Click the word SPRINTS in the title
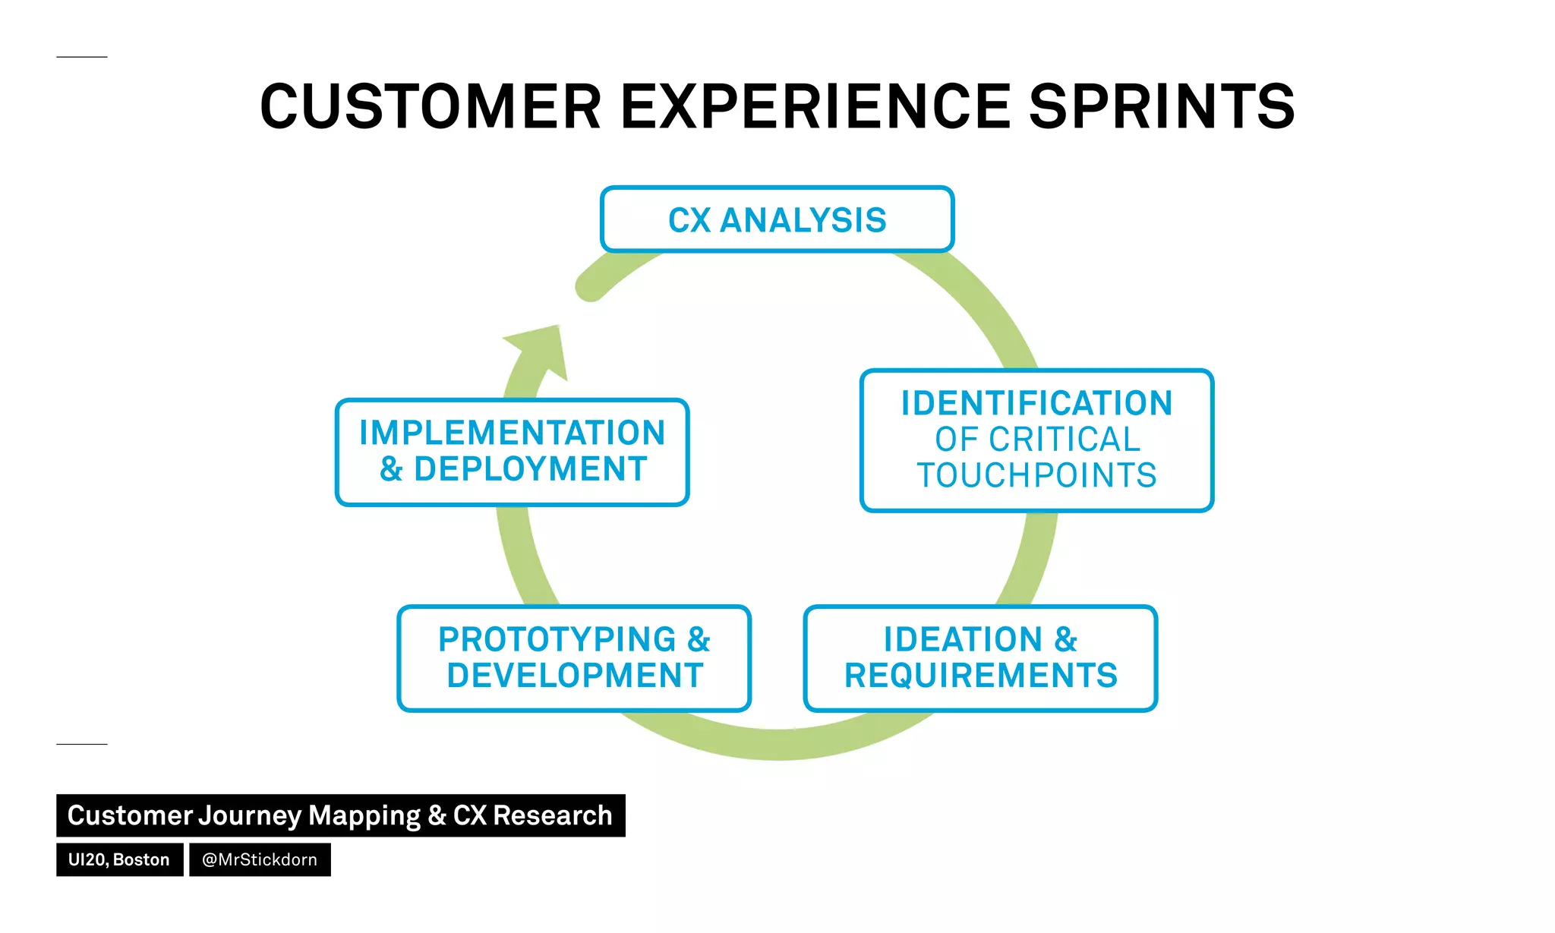(1161, 107)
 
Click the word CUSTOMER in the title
(431, 107)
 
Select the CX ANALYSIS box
(777, 219)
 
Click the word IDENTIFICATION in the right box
(1036, 403)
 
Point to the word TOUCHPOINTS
(1036, 476)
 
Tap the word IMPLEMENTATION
(513, 433)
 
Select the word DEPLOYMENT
(531, 469)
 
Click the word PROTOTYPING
(557, 639)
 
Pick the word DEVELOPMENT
(575, 676)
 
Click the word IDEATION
(963, 639)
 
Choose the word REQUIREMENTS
(980, 676)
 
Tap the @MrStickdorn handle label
(260, 859)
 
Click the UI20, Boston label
(119, 859)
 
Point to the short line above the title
(82, 57)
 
